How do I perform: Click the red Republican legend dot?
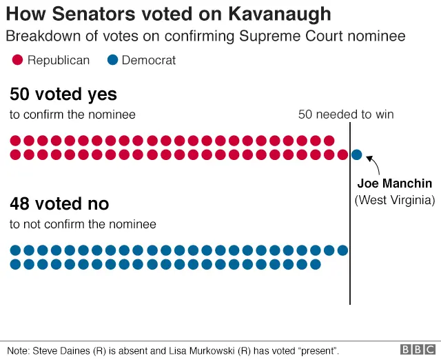17,61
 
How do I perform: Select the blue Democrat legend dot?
112,61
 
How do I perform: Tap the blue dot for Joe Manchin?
356,154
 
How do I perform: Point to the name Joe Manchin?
395,183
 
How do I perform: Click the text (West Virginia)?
395,200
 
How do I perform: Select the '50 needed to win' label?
346,114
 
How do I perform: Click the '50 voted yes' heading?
63,94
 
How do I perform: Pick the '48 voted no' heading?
59,204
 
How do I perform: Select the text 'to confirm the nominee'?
72,114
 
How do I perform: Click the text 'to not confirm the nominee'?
83,224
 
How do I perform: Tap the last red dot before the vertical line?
342,154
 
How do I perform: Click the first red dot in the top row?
15,141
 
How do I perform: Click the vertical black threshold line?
350,228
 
